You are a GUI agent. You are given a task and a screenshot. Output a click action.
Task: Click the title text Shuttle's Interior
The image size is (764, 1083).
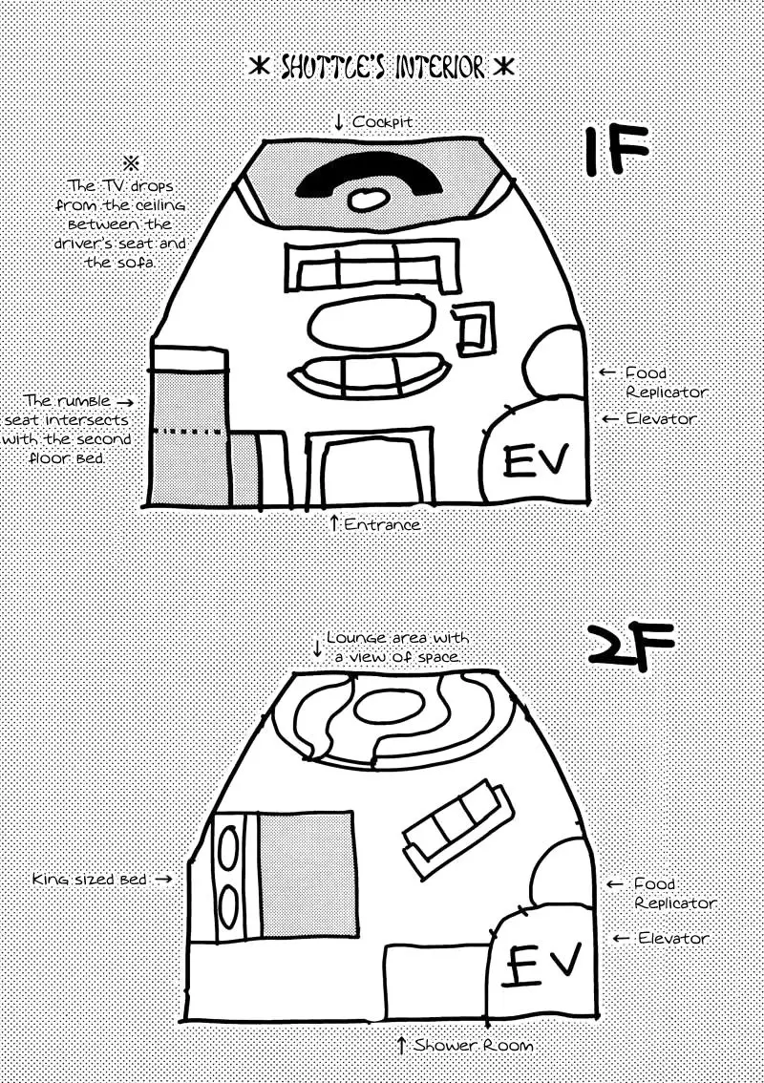[x=382, y=68]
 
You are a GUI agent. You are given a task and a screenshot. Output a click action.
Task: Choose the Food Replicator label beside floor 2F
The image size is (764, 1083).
[x=674, y=893]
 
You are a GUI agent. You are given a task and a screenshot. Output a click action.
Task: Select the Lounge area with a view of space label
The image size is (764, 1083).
[x=396, y=647]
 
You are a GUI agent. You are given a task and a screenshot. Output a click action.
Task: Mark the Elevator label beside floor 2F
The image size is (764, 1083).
[x=672, y=939]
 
